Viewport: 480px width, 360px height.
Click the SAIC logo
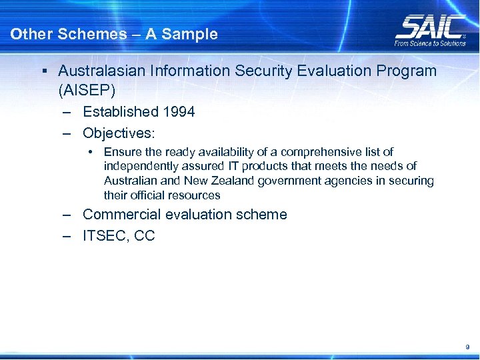[x=430, y=27]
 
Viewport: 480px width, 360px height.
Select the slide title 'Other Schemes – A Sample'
[x=114, y=34]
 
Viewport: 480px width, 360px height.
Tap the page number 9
[x=467, y=347]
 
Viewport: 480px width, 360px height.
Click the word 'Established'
[x=120, y=112]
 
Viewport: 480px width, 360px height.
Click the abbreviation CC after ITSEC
[x=145, y=236]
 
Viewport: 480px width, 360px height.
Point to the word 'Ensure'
[x=121, y=152]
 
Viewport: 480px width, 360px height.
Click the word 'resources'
[x=195, y=195]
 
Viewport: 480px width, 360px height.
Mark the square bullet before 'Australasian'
[x=43, y=71]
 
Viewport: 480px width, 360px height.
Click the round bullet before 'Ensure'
[x=89, y=152]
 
